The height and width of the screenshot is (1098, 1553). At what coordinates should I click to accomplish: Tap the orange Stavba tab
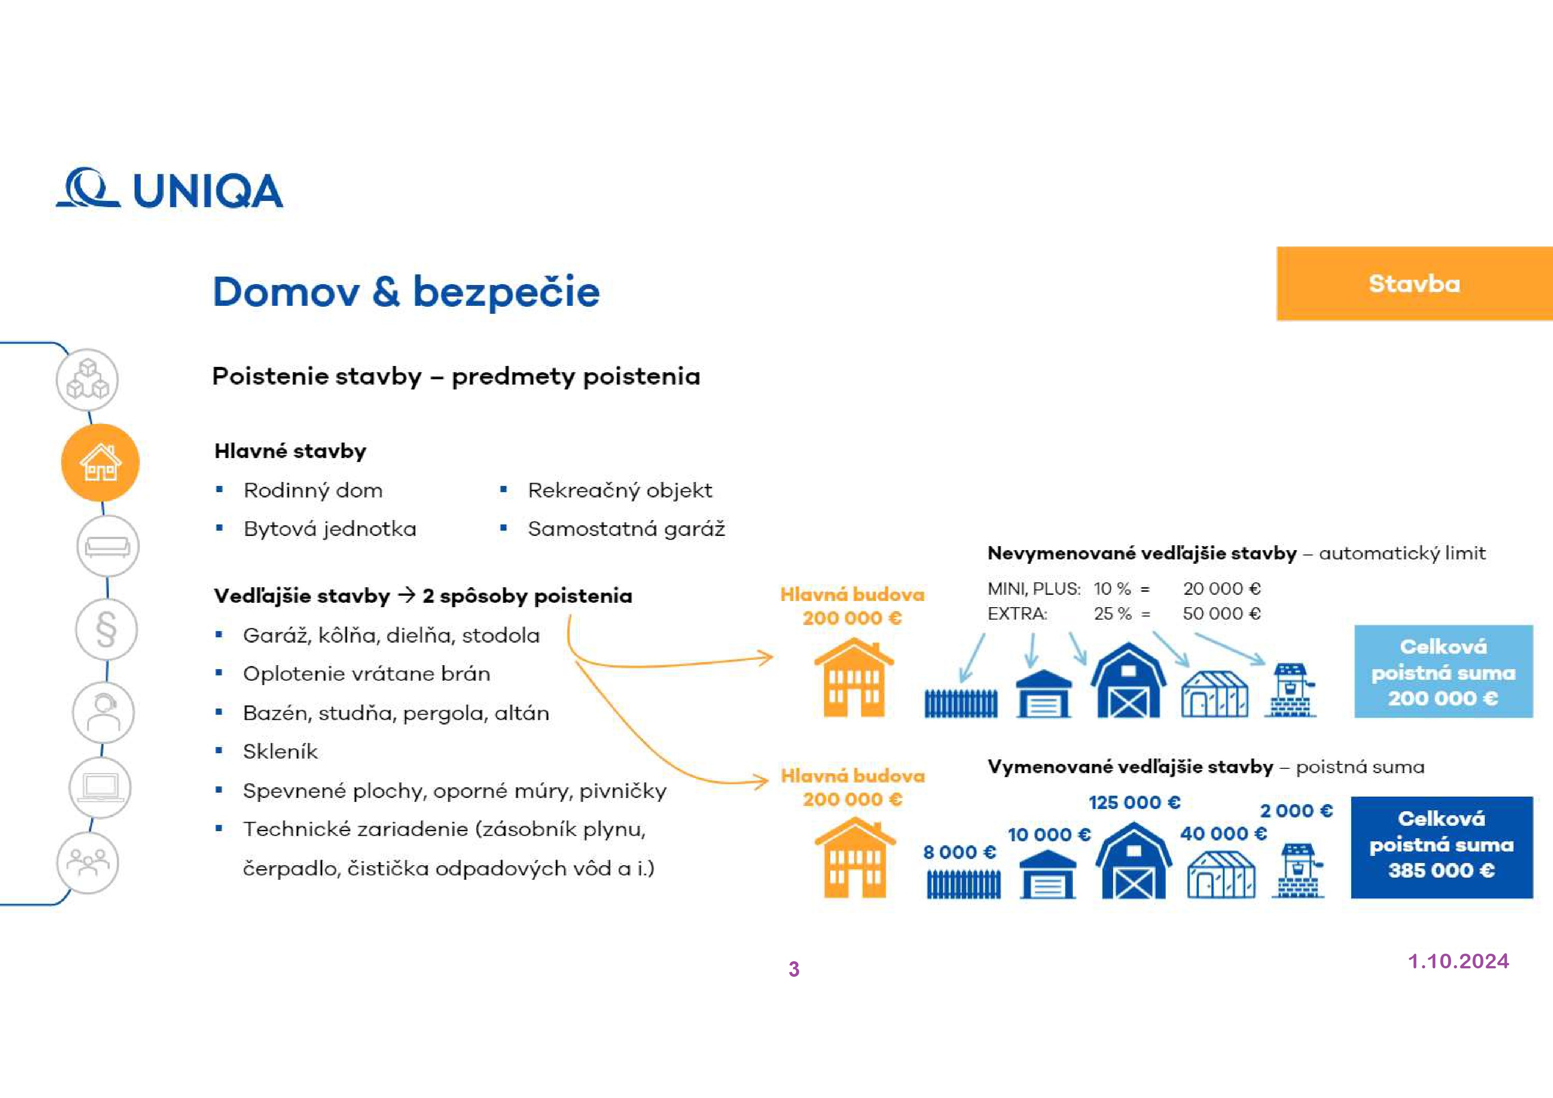(1414, 284)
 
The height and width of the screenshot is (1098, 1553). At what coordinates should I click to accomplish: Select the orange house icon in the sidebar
(100, 463)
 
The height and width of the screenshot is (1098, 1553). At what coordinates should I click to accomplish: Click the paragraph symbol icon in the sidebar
(106, 630)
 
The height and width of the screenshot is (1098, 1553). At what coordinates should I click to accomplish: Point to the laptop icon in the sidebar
(100, 787)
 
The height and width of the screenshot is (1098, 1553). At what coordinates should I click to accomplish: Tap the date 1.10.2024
(1458, 961)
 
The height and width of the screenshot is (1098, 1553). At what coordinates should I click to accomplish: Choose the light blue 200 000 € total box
(1443, 672)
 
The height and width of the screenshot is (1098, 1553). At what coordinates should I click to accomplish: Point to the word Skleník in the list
(280, 751)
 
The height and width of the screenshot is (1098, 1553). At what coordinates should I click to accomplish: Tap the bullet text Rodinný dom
(313, 490)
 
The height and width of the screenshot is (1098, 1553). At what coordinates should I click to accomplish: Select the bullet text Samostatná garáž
(626, 529)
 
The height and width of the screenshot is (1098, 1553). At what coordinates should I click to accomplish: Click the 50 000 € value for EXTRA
(1222, 613)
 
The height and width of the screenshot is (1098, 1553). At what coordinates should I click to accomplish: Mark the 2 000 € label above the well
(1296, 810)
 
